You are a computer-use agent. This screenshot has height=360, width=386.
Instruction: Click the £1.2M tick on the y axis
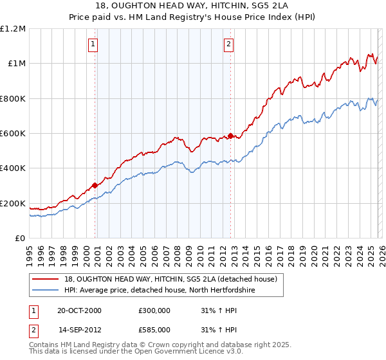pyautogui.click(x=13, y=28)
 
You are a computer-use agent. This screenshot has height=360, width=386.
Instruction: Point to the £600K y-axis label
pyautogui.click(x=13, y=134)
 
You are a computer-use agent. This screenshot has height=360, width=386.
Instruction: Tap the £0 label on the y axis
pyautogui.click(x=20, y=239)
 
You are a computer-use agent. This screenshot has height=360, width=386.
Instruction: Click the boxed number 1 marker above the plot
pyautogui.click(x=93, y=44)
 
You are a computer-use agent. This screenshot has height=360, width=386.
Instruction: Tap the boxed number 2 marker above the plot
pyautogui.click(x=228, y=44)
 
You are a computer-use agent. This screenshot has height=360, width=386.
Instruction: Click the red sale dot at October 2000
pyautogui.click(x=95, y=185)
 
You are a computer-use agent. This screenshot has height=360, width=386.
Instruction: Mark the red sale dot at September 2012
pyautogui.click(x=230, y=136)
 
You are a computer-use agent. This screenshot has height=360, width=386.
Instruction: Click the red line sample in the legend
pyautogui.click(x=46, y=279)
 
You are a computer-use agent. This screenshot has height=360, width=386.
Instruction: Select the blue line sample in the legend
pyautogui.click(x=46, y=291)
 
